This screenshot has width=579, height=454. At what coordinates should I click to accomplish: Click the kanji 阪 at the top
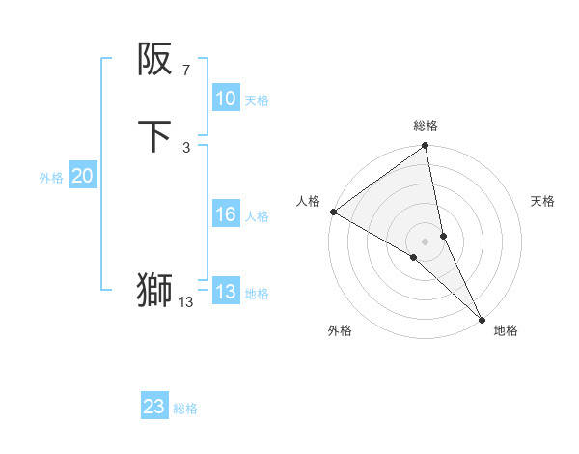[x=154, y=60]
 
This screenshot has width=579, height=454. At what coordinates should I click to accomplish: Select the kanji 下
[x=154, y=136]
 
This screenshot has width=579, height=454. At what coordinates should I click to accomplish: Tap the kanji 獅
[x=154, y=290]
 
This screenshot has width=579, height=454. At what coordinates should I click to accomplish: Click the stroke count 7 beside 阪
[x=185, y=70]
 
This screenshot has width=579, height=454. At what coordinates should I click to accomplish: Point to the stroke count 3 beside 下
[x=185, y=147]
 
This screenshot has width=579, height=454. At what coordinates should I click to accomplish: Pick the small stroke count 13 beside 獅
[x=185, y=302]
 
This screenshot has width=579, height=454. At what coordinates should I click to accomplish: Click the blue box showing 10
[x=225, y=99]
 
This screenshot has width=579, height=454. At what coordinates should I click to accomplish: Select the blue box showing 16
[x=225, y=214]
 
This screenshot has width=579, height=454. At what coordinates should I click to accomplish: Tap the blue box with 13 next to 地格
[x=225, y=292]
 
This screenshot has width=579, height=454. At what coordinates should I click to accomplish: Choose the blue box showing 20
[x=82, y=176]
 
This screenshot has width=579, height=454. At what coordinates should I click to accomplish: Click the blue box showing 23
[x=154, y=407]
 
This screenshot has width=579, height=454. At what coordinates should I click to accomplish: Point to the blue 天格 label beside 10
[x=257, y=100]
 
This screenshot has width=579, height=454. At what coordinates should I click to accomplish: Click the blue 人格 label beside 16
[x=257, y=216]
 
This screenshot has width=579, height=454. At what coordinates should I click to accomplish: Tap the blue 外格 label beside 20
[x=51, y=178]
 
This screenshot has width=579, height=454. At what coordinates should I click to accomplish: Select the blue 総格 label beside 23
[x=185, y=409]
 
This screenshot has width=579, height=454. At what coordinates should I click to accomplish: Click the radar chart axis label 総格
[x=426, y=126]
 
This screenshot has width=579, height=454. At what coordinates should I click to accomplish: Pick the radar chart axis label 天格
[x=542, y=201]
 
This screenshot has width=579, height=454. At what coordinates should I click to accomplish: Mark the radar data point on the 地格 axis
[x=482, y=318]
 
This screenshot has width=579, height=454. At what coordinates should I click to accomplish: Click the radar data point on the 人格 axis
[x=333, y=212]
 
